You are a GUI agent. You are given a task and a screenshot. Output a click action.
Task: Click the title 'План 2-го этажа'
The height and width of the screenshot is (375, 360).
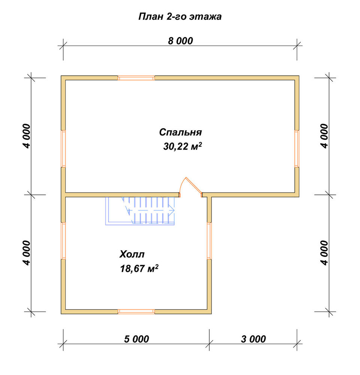coord(180,16)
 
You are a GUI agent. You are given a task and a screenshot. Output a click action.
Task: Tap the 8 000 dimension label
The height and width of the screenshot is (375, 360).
coord(180,41)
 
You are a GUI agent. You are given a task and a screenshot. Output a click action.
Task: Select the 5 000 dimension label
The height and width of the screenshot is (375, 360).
coord(136,339)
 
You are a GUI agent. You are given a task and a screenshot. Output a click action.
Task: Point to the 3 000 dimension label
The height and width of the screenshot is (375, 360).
coord(253,339)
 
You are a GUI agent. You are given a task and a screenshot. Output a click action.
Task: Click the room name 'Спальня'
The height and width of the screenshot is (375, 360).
coord(180,132)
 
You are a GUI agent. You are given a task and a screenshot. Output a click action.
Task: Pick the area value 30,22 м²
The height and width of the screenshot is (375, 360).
coord(182,146)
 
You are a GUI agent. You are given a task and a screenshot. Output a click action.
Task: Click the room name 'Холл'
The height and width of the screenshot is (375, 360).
coord(132,254)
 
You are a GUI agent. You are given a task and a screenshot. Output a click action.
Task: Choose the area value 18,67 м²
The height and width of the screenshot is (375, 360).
coord(139,268)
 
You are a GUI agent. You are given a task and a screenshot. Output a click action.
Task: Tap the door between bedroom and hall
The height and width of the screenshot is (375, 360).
coord(191,187)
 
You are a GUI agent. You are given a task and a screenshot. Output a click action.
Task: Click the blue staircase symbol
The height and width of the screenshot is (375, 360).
coord(140,211)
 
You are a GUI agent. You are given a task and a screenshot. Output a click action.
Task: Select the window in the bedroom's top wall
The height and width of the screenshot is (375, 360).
coord(136,78)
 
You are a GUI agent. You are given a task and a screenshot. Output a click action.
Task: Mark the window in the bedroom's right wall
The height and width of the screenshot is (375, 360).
coord(297,148)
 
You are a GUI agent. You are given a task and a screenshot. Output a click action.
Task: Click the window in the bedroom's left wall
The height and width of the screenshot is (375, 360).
coord(63,148)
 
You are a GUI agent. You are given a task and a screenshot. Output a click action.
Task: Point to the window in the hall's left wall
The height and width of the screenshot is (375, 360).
coord(63,241)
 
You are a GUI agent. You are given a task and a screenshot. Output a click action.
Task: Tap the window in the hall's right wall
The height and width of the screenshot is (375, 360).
coord(209,241)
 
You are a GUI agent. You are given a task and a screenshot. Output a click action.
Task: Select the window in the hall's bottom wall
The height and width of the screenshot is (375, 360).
coord(136,311)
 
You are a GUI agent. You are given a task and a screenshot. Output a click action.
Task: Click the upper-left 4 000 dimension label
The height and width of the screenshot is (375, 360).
coord(27,136)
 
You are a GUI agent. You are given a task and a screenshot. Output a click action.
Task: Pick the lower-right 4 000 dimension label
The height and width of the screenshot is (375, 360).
coord(324,253)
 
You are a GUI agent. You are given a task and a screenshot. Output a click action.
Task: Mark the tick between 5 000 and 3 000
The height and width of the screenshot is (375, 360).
coord(209,343)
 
